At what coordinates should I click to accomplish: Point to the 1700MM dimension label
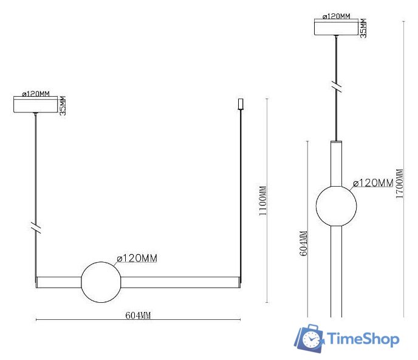(399, 176)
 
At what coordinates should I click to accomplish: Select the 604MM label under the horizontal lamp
(138, 315)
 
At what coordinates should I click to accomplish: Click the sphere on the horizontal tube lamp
(100, 282)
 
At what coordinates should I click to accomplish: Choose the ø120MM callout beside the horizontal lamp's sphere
(137, 258)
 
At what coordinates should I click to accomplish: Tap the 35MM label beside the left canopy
(63, 106)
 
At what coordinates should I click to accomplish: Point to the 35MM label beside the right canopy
(363, 28)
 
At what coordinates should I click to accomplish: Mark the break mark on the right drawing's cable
(336, 86)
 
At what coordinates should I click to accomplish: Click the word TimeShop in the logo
(363, 339)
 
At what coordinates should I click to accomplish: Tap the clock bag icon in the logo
(310, 338)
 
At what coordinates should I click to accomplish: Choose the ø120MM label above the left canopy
(35, 94)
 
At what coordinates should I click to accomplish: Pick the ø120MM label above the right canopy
(336, 16)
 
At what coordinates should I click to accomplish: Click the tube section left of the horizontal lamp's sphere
(58, 282)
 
